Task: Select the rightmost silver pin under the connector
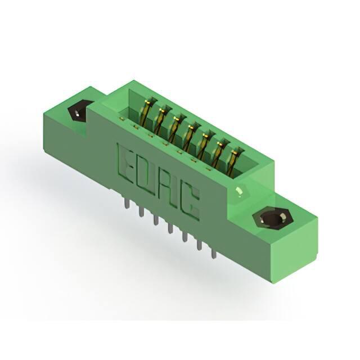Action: [214, 253]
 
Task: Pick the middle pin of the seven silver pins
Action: [170, 228]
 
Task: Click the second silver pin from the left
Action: [141, 211]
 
